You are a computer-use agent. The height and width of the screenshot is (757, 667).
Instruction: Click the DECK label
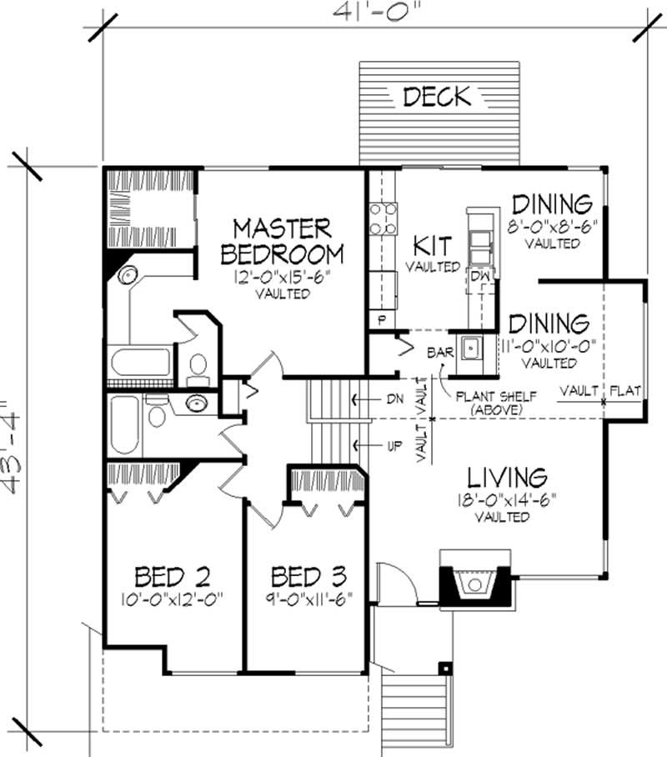(437, 96)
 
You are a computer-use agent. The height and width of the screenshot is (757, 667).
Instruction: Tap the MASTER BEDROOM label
(282, 240)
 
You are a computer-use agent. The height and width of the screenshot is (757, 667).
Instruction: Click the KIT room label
(433, 246)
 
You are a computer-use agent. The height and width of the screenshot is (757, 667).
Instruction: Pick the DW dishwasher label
(479, 276)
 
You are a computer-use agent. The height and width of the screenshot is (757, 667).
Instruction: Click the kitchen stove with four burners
(383, 218)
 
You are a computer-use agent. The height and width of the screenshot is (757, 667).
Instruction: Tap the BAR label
(440, 352)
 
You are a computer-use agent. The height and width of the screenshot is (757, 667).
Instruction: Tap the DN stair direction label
(394, 399)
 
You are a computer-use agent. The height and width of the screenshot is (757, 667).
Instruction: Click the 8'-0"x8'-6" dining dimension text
(552, 226)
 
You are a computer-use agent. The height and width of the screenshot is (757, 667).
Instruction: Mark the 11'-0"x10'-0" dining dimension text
(549, 346)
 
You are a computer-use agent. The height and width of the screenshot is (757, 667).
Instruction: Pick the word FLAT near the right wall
(625, 389)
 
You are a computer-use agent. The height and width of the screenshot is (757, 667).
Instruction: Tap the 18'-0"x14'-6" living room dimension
(505, 500)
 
